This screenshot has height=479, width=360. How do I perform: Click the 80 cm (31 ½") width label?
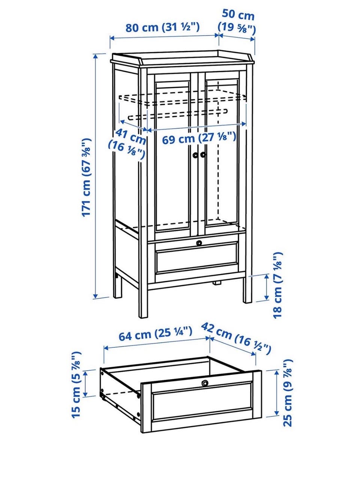pyautogui.click(x=162, y=27)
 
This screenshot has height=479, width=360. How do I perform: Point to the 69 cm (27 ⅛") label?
pyautogui.click(x=199, y=138)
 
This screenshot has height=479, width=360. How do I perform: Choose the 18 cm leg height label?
pyautogui.click(x=278, y=285)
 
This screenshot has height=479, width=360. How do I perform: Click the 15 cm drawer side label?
pyautogui.click(x=76, y=384)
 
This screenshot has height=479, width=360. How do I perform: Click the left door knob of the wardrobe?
pyautogui.click(x=195, y=154)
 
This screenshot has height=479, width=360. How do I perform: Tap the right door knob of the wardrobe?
pyautogui.click(x=203, y=154)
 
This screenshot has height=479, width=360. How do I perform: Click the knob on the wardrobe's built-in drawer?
pyautogui.click(x=199, y=242)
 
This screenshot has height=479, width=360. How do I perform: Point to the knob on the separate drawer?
pyautogui.click(x=205, y=383)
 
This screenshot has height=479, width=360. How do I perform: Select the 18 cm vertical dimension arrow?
pyautogui.click(x=267, y=287)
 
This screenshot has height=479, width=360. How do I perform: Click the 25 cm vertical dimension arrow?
pyautogui.click(x=277, y=393)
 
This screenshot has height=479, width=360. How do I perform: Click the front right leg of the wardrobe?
pyautogui.click(x=247, y=289)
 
